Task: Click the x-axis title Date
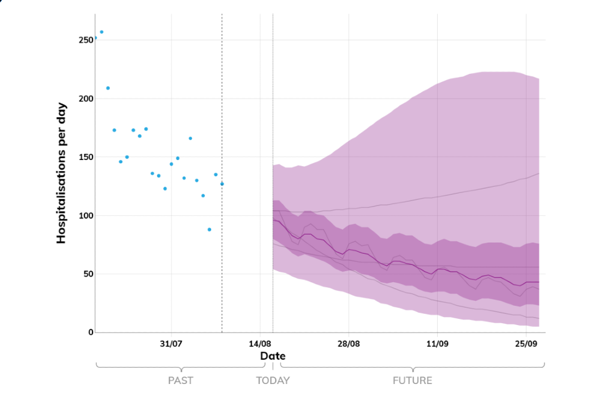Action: coord(273,356)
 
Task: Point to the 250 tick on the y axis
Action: coord(84,40)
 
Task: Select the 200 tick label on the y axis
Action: coord(84,99)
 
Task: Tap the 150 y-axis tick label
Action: coord(84,157)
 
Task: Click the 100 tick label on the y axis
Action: coord(84,216)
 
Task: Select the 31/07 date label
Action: coord(171,344)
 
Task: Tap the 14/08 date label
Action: coord(260,344)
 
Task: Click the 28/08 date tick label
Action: coord(348,344)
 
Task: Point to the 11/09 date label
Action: coord(437,344)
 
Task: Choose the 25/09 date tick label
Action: coord(526,344)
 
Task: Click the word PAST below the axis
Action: coord(181,380)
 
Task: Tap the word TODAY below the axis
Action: coord(273,380)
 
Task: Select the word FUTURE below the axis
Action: coord(412,380)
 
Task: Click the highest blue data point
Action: coord(102,32)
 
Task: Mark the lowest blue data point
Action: coord(209,230)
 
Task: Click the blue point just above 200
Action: coord(108,88)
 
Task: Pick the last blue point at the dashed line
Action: coord(222,184)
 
